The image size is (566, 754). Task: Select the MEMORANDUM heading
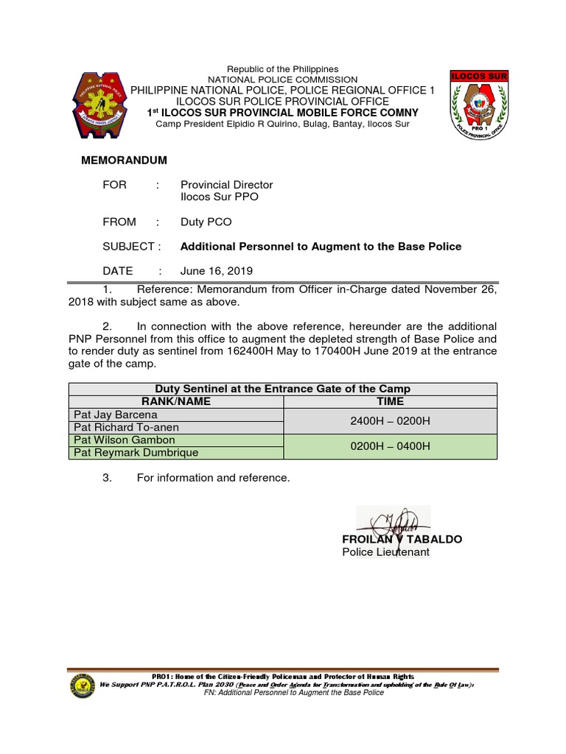click(124, 161)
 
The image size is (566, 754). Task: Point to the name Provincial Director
click(226, 185)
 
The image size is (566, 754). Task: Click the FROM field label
click(119, 222)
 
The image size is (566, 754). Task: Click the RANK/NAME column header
click(176, 401)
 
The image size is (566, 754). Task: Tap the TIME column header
click(390, 401)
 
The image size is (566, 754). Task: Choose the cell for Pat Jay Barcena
click(176, 415)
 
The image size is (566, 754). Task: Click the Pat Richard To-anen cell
click(176, 427)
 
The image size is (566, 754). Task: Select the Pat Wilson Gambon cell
click(176, 440)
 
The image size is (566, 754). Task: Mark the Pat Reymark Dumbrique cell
click(176, 453)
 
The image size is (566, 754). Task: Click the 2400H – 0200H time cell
click(390, 420)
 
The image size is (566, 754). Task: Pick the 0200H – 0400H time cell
click(390, 446)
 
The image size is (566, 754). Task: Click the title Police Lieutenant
click(385, 552)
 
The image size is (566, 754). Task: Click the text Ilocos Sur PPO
click(220, 197)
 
